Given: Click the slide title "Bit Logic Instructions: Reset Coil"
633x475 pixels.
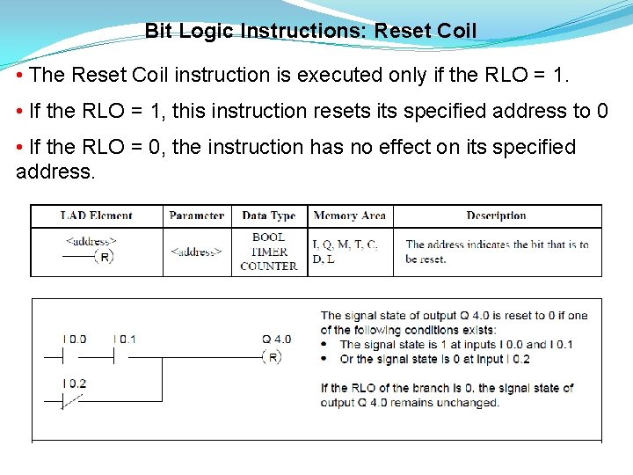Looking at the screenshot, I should [x=310, y=32].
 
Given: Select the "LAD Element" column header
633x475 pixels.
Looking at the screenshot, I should [x=97, y=216].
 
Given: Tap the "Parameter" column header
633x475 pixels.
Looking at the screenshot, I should [x=197, y=216].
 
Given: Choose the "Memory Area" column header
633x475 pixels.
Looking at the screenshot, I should [x=349, y=216].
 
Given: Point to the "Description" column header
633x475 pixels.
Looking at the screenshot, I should [x=496, y=216].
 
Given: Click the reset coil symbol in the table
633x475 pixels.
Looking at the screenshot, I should [x=104, y=257].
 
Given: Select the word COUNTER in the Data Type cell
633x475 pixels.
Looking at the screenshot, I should [x=269, y=267].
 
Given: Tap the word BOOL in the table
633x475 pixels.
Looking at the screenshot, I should [x=268, y=237].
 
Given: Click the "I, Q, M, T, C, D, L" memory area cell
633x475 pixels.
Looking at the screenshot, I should [x=346, y=252].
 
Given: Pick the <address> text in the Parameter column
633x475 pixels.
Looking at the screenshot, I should [x=196, y=252].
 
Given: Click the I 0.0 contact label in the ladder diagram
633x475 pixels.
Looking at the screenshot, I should [x=75, y=339].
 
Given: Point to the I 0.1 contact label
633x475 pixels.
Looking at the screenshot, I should [x=125, y=339].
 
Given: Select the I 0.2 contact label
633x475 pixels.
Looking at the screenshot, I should [x=75, y=383].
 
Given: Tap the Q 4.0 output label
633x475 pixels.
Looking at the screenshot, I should [x=276, y=339].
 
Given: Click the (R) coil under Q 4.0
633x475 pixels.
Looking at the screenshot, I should [x=273, y=357].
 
